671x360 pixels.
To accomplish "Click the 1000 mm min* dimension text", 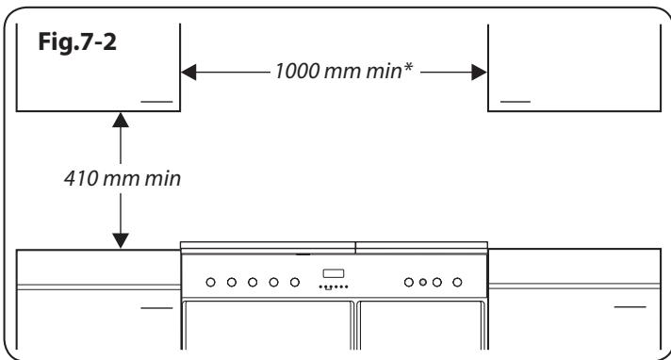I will [334, 72].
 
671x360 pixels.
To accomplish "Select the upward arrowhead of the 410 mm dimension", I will [121, 119].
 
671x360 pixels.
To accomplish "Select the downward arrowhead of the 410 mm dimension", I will [121, 241].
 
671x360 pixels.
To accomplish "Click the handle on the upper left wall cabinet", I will [156, 100].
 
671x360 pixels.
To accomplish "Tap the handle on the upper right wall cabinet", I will [515, 100].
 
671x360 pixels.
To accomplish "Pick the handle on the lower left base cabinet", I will [156, 308].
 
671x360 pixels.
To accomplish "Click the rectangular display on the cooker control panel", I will [335, 273].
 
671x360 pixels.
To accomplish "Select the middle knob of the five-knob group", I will [253, 281].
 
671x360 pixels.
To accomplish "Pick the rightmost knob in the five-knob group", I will [295, 281].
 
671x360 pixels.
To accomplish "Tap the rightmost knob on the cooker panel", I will [457, 281].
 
